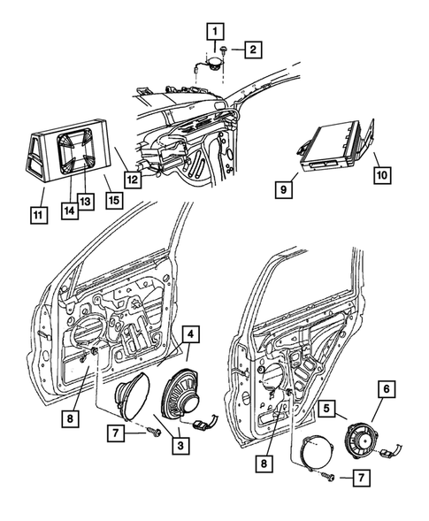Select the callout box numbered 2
(x=252, y=50)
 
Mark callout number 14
(x=67, y=211)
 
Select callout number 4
(x=190, y=333)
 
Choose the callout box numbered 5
(x=326, y=410)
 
